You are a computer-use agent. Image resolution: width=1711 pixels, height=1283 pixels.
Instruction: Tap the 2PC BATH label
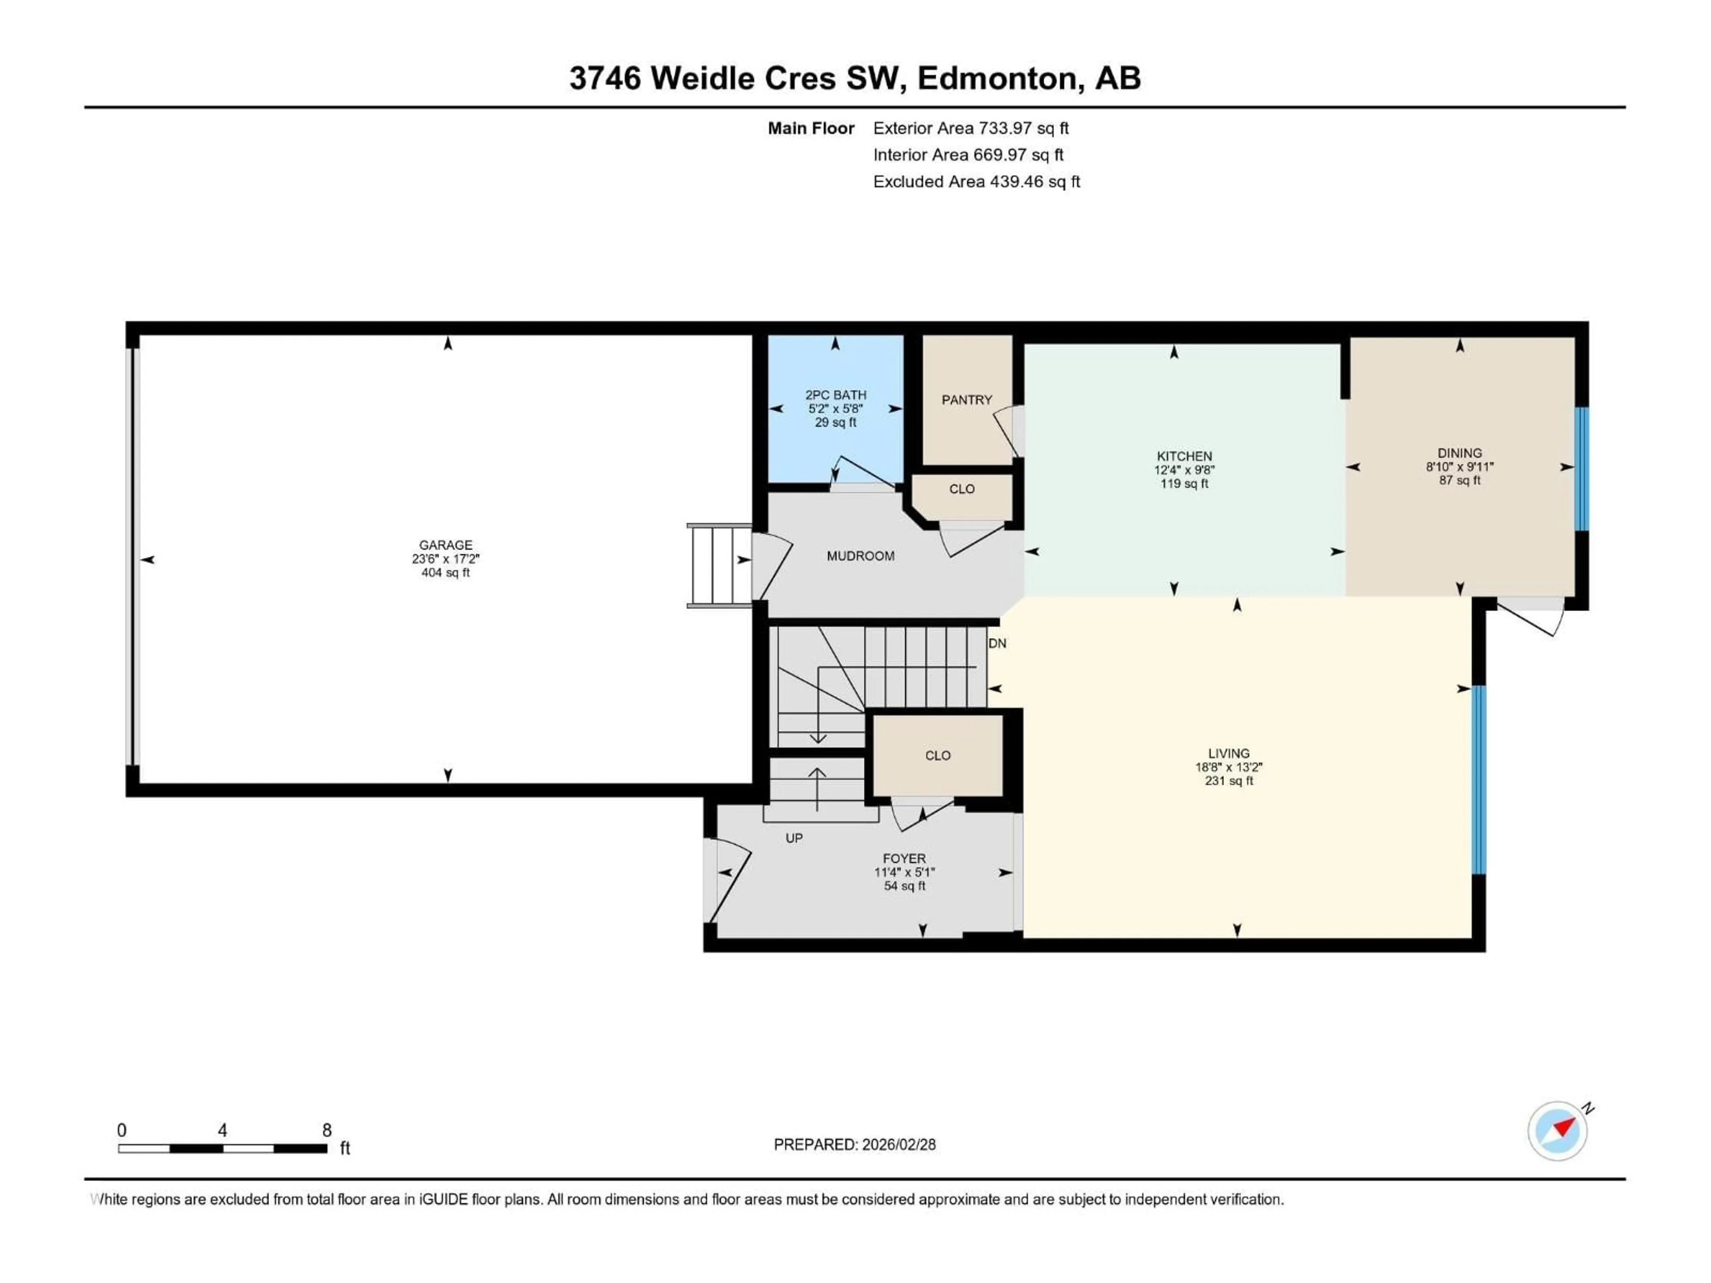click(x=835, y=394)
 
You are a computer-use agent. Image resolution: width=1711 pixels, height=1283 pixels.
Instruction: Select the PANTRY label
click(x=966, y=400)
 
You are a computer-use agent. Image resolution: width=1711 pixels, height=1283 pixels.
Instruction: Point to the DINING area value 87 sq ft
click(x=1460, y=480)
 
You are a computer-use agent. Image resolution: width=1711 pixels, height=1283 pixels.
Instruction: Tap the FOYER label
click(x=904, y=858)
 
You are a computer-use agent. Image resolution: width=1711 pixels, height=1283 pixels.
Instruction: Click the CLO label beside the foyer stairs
click(x=937, y=756)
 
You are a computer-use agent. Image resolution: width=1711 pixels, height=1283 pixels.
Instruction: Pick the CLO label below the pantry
click(x=962, y=489)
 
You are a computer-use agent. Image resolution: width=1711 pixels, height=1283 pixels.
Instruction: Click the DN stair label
click(x=997, y=643)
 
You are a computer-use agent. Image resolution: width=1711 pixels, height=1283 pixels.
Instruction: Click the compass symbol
click(x=1558, y=1131)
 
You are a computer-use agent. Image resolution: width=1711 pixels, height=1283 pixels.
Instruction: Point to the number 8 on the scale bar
click(x=327, y=1130)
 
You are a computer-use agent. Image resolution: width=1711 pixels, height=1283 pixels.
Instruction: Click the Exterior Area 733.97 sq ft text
click(x=971, y=128)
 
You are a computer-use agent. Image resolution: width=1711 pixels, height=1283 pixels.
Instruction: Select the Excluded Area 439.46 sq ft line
click(x=976, y=182)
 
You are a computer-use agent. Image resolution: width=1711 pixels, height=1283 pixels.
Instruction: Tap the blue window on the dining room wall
click(x=1582, y=469)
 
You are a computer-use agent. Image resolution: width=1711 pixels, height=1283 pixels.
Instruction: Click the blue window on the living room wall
click(x=1478, y=780)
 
